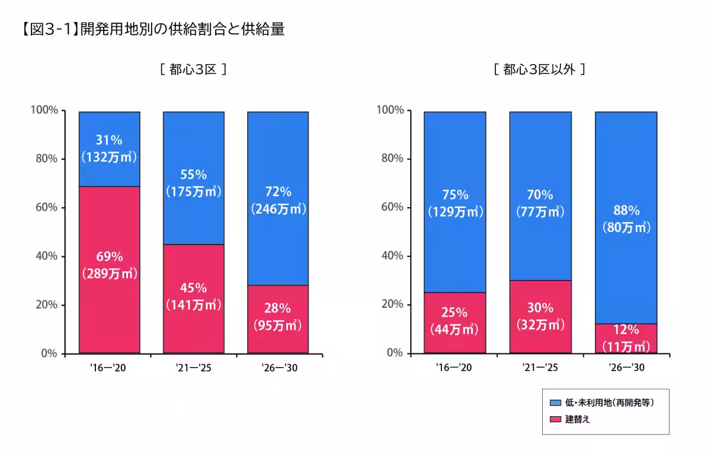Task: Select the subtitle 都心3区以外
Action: coord(539,69)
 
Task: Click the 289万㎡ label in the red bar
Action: coord(109,274)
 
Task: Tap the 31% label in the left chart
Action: coord(109,140)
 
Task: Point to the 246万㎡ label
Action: coord(277,208)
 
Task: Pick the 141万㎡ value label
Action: coord(193,305)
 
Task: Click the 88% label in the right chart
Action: coord(626,210)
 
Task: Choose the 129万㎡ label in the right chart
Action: coord(455,212)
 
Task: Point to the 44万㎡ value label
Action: coord(455,330)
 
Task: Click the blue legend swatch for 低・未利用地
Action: coord(555,403)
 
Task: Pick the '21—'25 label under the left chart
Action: coord(193,368)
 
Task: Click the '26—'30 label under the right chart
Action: coord(626,368)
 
